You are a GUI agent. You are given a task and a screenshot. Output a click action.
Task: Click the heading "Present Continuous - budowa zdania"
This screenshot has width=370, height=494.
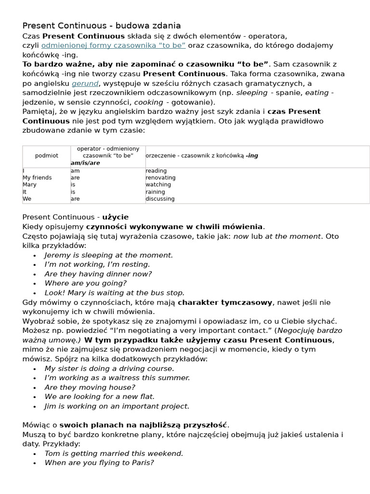(102, 26)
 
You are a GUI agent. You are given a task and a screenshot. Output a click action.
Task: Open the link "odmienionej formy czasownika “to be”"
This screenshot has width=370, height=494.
(113, 45)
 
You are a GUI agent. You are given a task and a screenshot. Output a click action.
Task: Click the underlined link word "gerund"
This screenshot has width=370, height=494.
(85, 83)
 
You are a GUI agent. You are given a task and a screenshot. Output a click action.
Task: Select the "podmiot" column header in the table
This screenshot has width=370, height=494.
(47, 156)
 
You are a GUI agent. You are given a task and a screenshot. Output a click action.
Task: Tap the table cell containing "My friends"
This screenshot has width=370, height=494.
(37, 178)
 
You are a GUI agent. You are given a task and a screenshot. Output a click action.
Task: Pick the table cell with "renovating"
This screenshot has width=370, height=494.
(160, 178)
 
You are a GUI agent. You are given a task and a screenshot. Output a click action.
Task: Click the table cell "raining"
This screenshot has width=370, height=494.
(155, 192)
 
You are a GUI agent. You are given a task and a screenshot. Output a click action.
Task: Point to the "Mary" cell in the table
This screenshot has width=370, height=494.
(29, 185)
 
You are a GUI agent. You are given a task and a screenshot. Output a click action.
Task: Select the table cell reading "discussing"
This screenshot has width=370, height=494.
(160, 199)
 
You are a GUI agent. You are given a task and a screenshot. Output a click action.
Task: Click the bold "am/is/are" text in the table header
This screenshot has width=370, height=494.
(85, 163)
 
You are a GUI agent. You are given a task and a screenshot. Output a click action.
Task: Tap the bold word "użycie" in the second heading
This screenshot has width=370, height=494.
(115, 217)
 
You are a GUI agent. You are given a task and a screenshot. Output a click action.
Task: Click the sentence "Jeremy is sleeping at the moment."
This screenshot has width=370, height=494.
(108, 255)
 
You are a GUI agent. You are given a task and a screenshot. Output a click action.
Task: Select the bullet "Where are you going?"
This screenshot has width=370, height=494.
(85, 283)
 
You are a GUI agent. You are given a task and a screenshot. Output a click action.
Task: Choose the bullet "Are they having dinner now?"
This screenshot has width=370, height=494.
(98, 274)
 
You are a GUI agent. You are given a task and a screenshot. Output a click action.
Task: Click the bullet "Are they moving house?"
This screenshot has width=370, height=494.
(90, 387)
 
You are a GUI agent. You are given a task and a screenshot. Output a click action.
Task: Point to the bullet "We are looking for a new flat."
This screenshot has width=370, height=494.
(100, 397)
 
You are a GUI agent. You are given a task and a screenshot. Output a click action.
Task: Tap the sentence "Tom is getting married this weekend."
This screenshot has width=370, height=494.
(114, 453)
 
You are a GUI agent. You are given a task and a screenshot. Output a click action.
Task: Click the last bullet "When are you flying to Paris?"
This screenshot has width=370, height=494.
(99, 463)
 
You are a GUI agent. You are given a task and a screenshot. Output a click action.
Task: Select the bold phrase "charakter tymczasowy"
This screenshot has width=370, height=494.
(225, 302)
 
